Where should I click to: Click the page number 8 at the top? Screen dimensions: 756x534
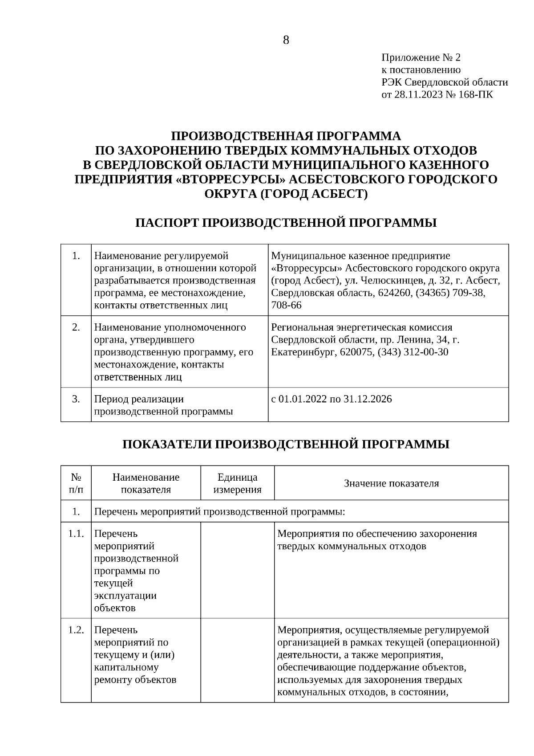click(286, 41)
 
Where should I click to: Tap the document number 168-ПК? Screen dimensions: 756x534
click(478, 94)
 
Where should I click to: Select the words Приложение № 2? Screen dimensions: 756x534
click(421, 57)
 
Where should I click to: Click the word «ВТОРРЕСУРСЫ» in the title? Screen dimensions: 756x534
click(230, 179)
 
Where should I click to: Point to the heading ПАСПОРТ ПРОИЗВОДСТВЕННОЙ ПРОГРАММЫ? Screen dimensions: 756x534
click(286, 222)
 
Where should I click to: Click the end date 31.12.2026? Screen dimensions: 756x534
click(368, 399)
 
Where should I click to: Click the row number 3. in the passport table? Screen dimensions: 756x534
click(76, 399)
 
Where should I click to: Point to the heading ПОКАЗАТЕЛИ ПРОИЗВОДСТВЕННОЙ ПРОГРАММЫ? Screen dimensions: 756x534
click(286, 444)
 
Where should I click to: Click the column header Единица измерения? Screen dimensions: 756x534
click(237, 483)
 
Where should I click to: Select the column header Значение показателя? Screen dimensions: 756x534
click(391, 483)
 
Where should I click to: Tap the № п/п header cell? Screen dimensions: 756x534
click(76, 483)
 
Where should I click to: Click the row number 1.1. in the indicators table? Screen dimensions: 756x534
click(76, 534)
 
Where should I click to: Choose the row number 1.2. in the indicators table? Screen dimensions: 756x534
click(76, 630)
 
